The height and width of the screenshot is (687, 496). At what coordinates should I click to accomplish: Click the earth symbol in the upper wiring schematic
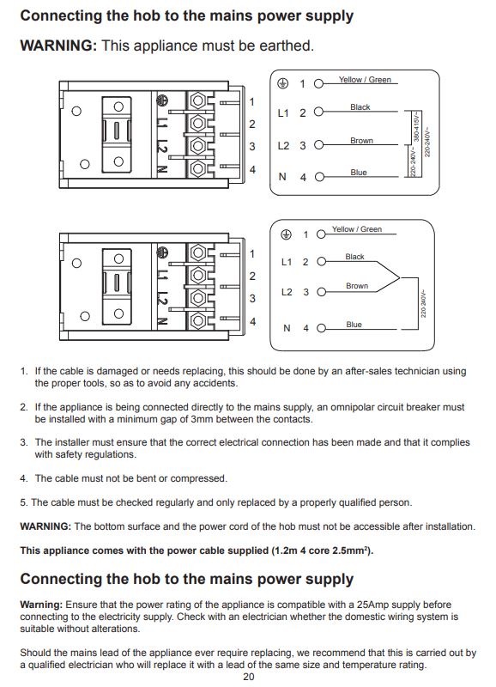[283, 83]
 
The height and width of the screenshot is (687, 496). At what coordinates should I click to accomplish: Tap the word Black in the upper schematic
[360, 106]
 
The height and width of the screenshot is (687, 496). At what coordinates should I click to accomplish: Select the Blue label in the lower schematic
[354, 325]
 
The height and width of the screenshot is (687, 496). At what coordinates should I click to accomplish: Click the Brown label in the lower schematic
[357, 286]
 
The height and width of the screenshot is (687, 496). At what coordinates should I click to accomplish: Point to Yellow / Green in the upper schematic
[365, 80]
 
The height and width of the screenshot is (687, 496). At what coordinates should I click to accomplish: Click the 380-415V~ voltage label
[416, 127]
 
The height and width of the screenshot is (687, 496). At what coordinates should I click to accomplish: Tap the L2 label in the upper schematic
[283, 145]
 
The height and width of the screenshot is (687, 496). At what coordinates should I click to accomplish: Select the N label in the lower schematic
[287, 328]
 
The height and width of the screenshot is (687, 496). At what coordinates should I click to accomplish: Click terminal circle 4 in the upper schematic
[319, 177]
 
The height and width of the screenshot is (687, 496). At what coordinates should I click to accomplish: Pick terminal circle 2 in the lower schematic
[321, 262]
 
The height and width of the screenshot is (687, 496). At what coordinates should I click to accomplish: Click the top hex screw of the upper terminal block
[198, 101]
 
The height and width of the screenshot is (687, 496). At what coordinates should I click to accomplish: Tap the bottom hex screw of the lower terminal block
[198, 320]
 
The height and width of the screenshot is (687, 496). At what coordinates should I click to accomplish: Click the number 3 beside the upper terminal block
[252, 146]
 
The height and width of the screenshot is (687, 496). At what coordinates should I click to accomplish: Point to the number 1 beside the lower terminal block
[252, 253]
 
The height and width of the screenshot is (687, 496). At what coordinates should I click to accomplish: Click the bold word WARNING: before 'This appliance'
[58, 46]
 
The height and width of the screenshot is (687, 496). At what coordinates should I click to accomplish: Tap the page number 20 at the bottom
[249, 677]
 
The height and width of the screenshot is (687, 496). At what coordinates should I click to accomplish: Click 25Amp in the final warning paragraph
[372, 605]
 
